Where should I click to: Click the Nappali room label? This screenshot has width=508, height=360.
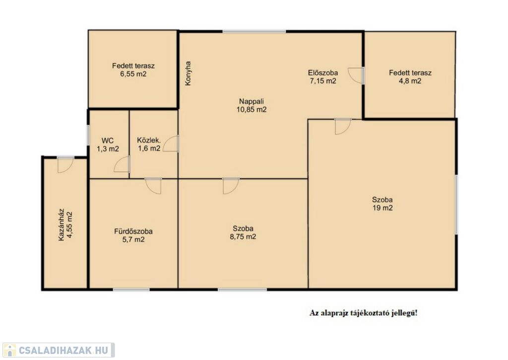click(x=252, y=101)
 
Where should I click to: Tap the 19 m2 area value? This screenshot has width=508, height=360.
click(x=382, y=208)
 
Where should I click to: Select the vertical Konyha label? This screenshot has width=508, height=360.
click(x=188, y=73)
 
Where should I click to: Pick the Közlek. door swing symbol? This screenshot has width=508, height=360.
click(x=171, y=144)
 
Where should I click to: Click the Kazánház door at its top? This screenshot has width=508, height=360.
click(x=66, y=165)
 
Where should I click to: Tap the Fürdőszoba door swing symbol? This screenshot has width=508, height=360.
click(x=153, y=186)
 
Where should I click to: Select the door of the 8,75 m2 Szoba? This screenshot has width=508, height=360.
click(x=231, y=186)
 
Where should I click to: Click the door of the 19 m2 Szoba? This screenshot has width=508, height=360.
click(x=343, y=127)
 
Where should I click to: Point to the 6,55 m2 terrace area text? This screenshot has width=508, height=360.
click(x=133, y=74)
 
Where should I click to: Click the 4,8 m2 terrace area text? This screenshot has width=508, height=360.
click(x=410, y=81)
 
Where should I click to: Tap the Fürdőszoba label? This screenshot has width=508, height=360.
click(x=133, y=231)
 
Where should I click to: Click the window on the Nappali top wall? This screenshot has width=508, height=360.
click(x=254, y=31)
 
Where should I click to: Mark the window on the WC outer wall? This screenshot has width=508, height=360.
click(x=88, y=135)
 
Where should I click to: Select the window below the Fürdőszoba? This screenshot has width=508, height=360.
click(x=131, y=289)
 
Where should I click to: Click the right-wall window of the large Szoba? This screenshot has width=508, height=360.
click(x=456, y=205)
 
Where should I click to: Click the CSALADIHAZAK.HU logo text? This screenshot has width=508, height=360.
click(x=63, y=350)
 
